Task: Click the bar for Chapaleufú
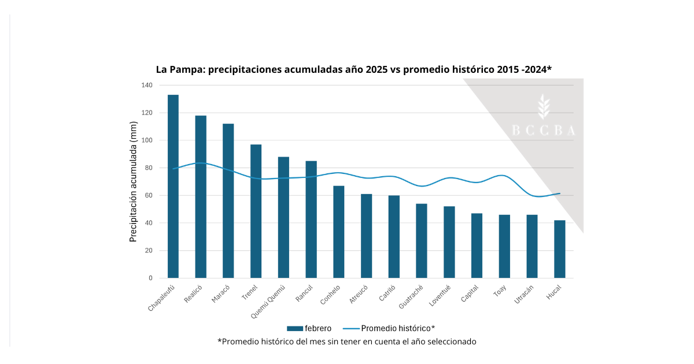(x=173, y=186)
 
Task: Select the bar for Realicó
(x=201, y=196)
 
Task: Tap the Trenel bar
(x=256, y=211)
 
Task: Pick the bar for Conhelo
(x=338, y=232)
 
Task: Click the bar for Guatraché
(x=422, y=241)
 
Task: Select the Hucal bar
(x=559, y=249)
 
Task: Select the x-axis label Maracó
(x=222, y=294)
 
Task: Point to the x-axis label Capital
(x=470, y=294)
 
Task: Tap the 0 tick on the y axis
(x=150, y=278)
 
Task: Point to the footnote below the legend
(x=347, y=341)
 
